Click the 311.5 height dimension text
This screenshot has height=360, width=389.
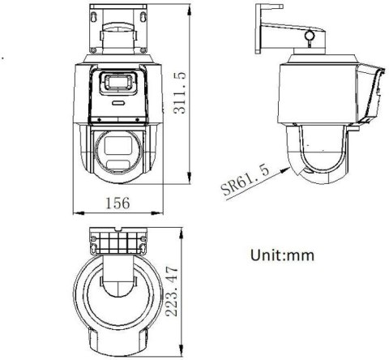pos(181,93)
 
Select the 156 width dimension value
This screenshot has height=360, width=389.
pos(121,204)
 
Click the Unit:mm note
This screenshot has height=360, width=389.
pos(281,255)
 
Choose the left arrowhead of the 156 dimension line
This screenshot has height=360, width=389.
pos(75,212)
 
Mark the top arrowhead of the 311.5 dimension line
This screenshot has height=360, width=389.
pos(188,11)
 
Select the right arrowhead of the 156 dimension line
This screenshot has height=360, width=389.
pos(165,212)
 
